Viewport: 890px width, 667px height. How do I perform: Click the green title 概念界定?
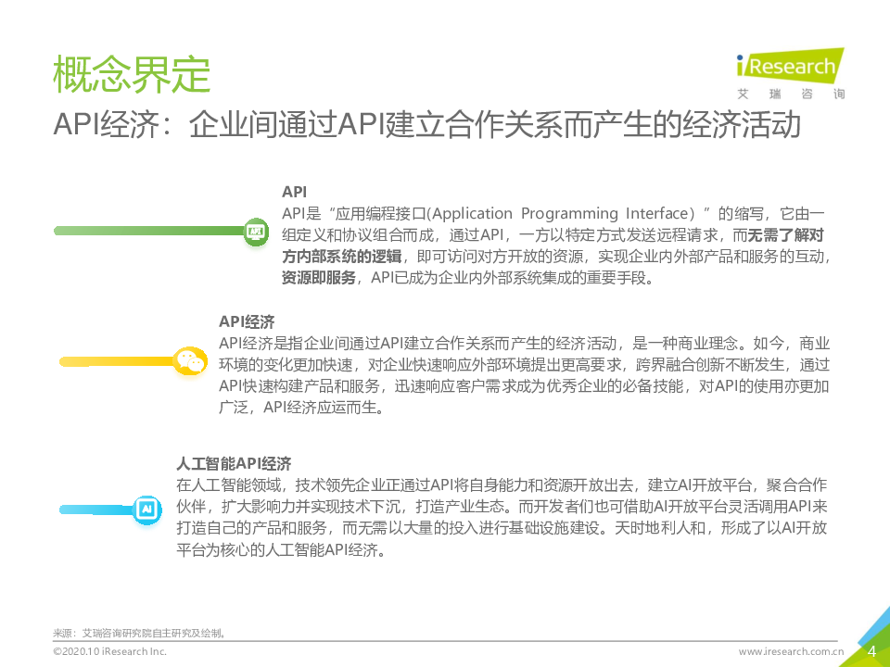click(x=132, y=74)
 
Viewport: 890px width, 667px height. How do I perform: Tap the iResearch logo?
click(x=790, y=67)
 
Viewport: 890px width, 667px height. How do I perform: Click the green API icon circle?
click(x=256, y=232)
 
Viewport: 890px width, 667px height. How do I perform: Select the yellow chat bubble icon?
click(x=189, y=361)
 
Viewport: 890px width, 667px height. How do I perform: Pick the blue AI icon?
click(x=147, y=509)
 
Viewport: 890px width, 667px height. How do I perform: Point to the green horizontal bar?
click(x=149, y=231)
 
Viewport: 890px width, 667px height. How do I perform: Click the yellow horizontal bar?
click(x=118, y=361)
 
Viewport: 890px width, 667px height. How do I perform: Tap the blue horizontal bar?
click(x=97, y=510)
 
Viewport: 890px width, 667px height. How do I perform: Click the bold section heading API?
click(x=294, y=192)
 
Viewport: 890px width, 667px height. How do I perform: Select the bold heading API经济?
click(x=247, y=321)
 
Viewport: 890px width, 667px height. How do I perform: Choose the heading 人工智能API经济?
click(x=234, y=463)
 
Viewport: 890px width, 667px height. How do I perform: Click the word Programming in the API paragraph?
click(x=569, y=214)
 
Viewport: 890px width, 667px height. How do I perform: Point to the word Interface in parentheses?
click(x=656, y=213)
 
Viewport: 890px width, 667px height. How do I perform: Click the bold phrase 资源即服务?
click(x=319, y=278)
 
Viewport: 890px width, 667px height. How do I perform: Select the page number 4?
click(x=871, y=650)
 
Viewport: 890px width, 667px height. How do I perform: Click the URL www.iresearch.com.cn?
click(x=791, y=651)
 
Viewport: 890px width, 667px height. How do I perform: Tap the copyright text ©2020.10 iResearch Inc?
click(x=110, y=651)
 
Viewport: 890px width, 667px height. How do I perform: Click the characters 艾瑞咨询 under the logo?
click(x=791, y=94)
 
